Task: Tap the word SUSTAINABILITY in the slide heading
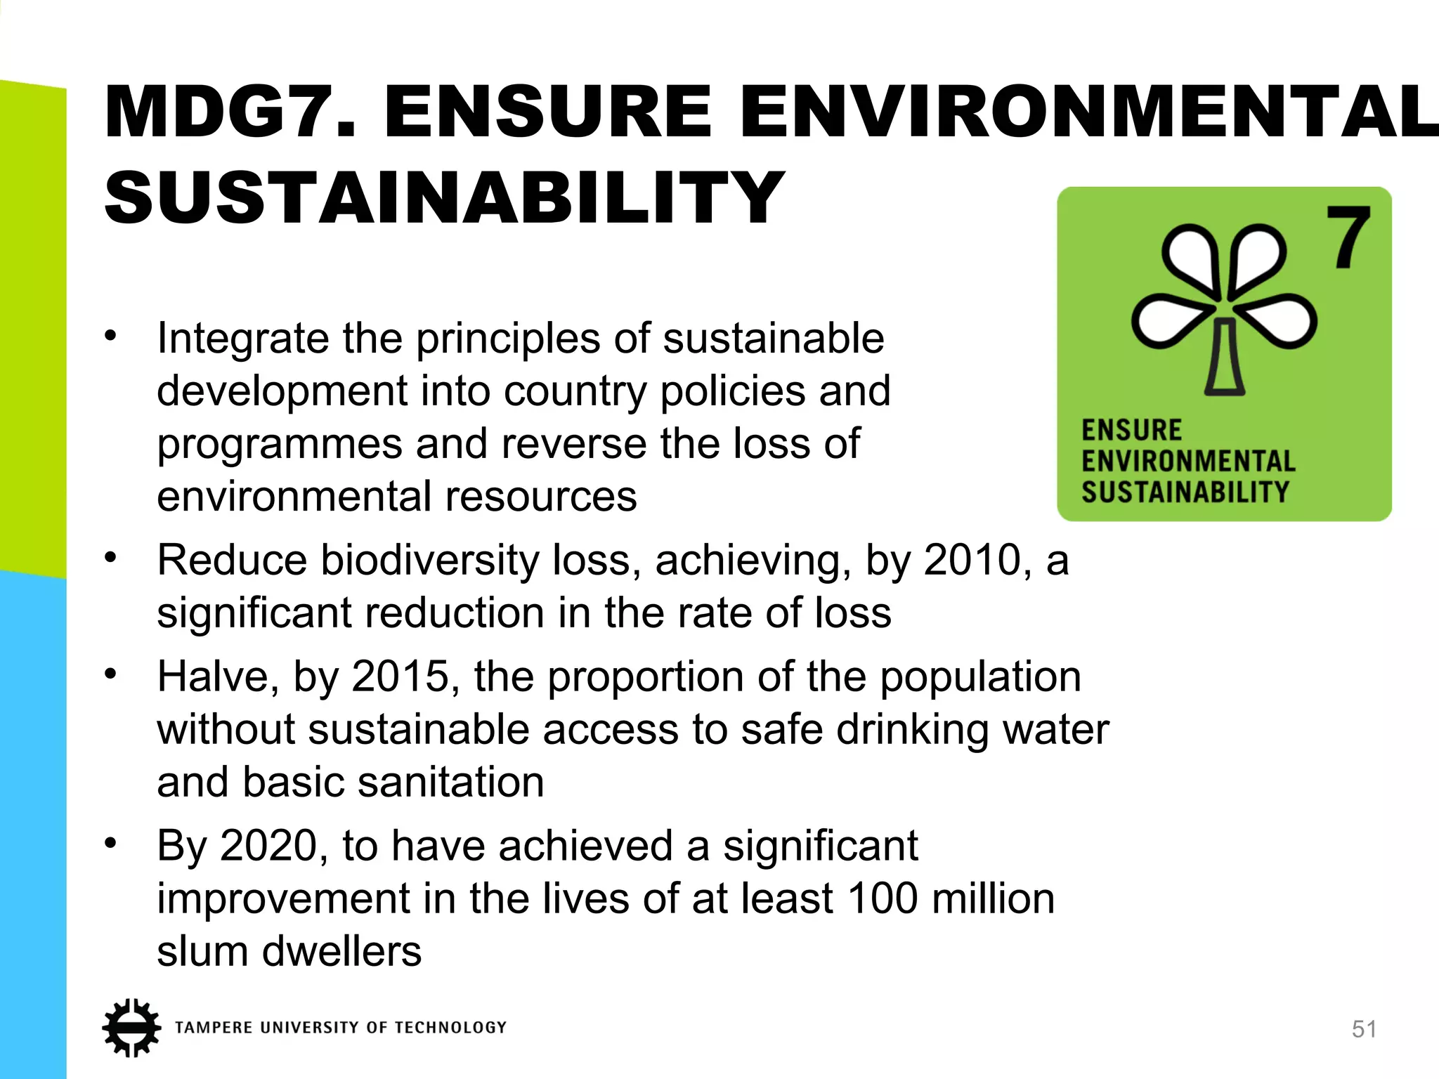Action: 444,198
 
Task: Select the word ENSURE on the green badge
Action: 1131,430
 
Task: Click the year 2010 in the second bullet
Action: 972,561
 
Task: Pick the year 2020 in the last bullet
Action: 270,845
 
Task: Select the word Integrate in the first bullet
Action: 243,339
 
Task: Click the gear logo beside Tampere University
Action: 131,1028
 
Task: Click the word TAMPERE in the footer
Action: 214,1028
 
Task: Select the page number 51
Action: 1364,1029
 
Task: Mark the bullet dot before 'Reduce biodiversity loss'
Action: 110,558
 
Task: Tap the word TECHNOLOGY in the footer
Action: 450,1028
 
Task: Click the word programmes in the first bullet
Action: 280,445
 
